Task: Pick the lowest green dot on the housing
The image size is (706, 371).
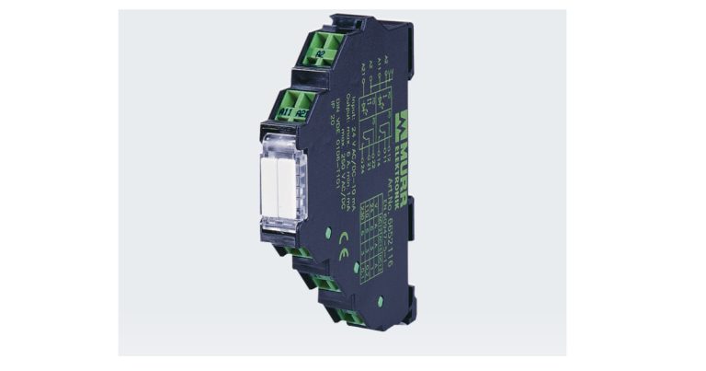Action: click(x=379, y=301)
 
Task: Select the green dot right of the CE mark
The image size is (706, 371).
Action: click(x=355, y=268)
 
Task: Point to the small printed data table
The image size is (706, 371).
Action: click(x=372, y=235)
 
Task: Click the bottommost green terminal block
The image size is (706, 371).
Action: click(x=350, y=318)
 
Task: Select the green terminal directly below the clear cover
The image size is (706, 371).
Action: click(x=294, y=250)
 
